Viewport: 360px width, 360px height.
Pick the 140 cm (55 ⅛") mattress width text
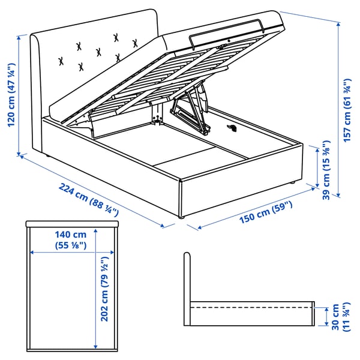tap(71, 239)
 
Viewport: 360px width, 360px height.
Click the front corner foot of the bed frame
tap(180, 225)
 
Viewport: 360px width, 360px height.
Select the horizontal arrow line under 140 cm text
tap(71, 251)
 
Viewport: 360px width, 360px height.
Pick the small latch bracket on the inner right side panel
tap(233, 128)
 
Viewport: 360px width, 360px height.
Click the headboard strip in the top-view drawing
tap(71, 223)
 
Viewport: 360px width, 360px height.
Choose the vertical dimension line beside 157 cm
tap(339, 108)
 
